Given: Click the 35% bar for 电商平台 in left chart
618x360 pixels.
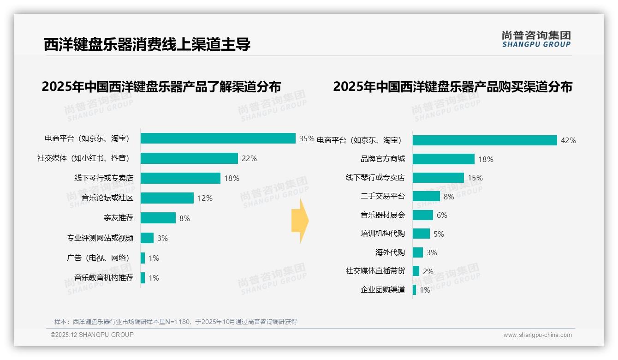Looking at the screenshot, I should click(218, 138).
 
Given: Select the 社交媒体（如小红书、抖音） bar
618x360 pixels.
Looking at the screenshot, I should click(189, 158).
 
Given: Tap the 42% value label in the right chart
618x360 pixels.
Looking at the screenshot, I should click(568, 141).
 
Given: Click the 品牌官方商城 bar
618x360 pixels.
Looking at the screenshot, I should click(443, 159).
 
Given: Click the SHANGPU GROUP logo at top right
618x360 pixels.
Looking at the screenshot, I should click(536, 39).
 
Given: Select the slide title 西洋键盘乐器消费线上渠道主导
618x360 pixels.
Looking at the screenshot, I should click(147, 45).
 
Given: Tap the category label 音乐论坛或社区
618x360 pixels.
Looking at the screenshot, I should click(107, 198).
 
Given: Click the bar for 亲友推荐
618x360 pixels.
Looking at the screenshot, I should click(158, 218).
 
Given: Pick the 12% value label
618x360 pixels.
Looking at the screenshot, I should click(205, 198).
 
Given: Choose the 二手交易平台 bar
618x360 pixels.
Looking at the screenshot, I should click(426, 197).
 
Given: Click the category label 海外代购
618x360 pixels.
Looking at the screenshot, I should click(390, 252).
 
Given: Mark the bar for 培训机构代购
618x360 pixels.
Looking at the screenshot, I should click(421, 234).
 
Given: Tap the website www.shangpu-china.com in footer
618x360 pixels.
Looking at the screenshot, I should click(537, 335).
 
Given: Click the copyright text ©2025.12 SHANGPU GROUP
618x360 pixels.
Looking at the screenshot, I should click(92, 335).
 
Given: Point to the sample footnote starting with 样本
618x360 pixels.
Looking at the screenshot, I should click(175, 322).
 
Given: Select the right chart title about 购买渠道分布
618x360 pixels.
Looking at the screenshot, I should click(452, 87).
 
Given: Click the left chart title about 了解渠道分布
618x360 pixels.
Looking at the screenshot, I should click(161, 87).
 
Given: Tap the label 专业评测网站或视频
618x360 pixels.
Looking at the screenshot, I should click(100, 238).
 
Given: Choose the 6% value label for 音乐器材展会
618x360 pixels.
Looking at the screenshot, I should click(442, 216).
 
